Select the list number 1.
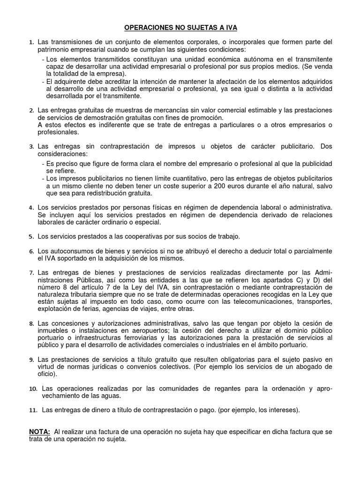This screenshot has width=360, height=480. pyautogui.click(x=31, y=43)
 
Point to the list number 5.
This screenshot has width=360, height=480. pyautogui.click(x=31, y=236)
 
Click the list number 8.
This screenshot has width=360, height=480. pyautogui.click(x=31, y=324)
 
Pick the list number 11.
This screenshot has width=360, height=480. pyautogui.click(x=32, y=410)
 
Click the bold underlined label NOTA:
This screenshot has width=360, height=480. pyautogui.click(x=39, y=431)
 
